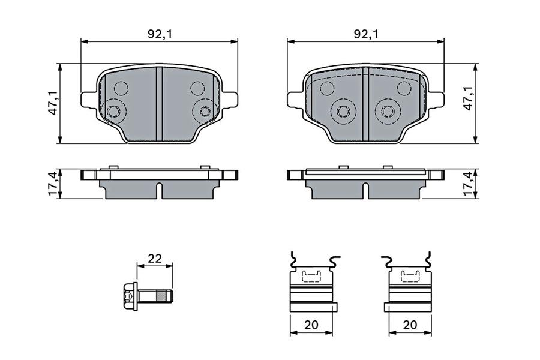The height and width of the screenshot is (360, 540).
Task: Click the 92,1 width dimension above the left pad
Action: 160,34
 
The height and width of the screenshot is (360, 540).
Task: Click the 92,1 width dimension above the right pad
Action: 365,34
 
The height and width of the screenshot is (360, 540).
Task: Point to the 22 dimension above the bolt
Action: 155,259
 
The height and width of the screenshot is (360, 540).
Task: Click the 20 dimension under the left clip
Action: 310,325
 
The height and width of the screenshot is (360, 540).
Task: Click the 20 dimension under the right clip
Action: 410,325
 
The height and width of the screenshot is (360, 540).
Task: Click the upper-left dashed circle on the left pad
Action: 121,89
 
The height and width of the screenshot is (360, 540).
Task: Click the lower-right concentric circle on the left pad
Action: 205,110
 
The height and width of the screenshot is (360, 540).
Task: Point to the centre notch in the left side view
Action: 160,190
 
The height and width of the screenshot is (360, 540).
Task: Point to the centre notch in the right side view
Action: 365,190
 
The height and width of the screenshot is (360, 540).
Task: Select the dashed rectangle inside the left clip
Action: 311,276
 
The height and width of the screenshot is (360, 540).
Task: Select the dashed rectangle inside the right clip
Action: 410,276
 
